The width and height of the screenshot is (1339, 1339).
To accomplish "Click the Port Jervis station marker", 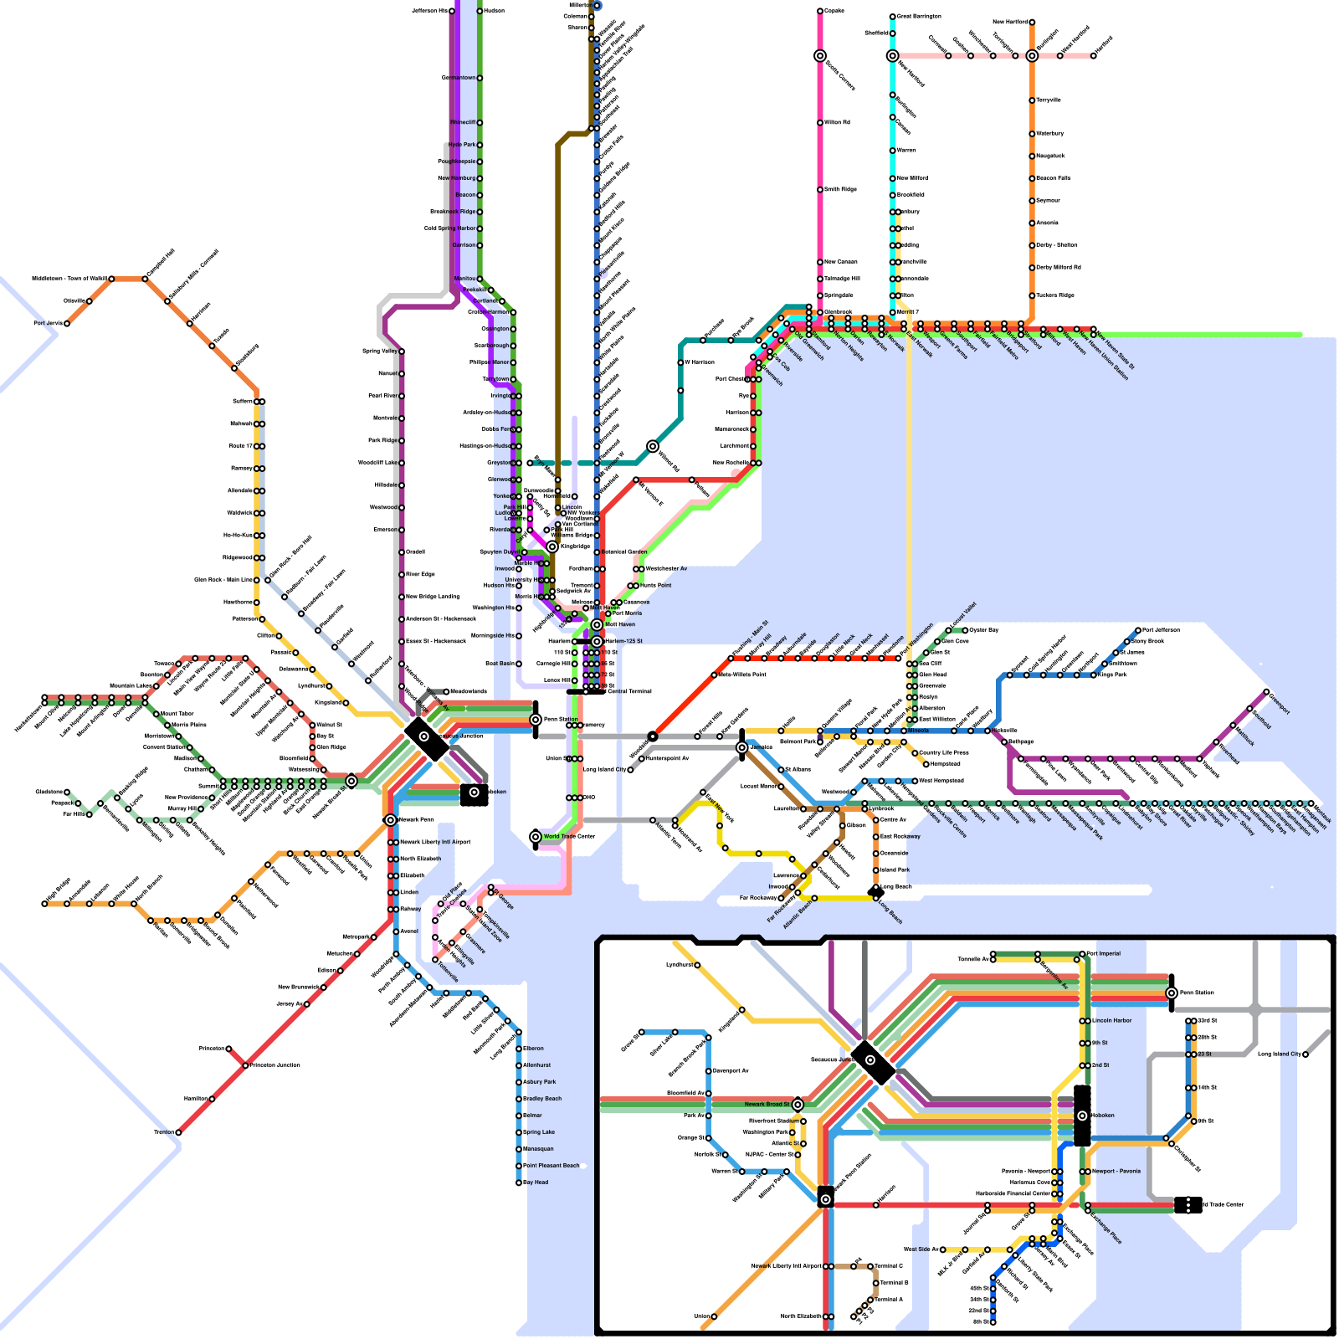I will [67, 324].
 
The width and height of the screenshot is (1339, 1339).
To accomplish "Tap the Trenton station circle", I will [178, 1132].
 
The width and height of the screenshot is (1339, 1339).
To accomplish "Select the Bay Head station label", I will [536, 1183].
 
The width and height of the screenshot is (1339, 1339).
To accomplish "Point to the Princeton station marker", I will [228, 1049].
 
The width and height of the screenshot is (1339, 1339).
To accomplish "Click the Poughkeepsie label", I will [456, 162].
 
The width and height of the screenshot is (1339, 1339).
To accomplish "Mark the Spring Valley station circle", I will [402, 351].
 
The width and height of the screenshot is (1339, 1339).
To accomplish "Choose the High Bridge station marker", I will [44, 904].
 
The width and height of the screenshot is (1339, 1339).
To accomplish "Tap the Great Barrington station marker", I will [893, 17].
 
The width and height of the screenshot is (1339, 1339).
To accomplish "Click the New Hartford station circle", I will [1032, 23].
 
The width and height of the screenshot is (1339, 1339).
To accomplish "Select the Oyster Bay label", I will [984, 629].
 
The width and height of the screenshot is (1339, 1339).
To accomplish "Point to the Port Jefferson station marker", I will [1138, 630].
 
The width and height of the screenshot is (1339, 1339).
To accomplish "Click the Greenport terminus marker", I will [1266, 692].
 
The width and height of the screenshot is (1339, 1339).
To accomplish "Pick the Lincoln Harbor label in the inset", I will [1112, 1020].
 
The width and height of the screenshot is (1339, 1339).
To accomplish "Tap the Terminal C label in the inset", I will [889, 1266].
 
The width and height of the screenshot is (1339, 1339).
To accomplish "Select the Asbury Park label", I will [539, 1082].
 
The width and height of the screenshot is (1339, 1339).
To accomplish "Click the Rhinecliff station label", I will [463, 123].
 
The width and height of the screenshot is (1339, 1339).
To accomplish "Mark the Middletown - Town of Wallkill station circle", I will [111, 279].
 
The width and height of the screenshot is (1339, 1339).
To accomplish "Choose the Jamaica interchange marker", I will [741, 747].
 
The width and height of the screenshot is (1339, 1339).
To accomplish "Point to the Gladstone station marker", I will [67, 792].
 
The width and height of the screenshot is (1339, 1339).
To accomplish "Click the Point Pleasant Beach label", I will [552, 1166].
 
